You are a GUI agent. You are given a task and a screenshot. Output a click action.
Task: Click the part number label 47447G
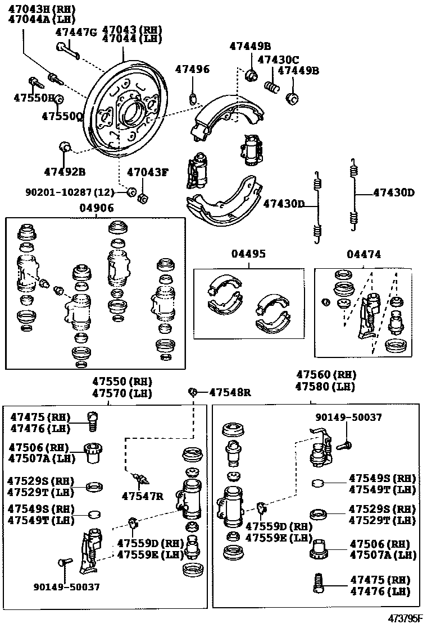(x=76, y=32)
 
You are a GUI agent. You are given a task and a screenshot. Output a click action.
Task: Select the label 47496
(x=192, y=69)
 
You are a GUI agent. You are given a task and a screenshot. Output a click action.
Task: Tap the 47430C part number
(x=278, y=59)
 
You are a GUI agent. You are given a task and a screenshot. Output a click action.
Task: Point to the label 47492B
(x=65, y=171)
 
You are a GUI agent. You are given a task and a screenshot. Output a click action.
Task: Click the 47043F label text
(x=147, y=172)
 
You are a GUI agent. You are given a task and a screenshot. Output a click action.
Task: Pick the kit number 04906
(x=96, y=208)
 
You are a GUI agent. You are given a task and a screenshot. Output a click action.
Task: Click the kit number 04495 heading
(x=248, y=254)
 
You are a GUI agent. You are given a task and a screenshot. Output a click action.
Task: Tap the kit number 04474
(x=364, y=254)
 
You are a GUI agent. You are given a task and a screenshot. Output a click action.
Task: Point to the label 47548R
(x=230, y=392)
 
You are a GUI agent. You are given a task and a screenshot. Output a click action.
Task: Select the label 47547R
(x=142, y=495)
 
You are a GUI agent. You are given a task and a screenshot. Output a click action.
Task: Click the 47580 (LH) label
(x=326, y=387)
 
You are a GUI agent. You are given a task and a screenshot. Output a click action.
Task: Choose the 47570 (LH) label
(x=122, y=393)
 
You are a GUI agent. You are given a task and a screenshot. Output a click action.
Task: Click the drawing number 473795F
(x=405, y=618)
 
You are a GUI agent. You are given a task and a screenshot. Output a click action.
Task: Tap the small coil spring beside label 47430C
(x=272, y=87)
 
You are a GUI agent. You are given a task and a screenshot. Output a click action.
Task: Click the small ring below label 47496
(x=194, y=99)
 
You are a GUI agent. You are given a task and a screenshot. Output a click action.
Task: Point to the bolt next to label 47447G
(x=67, y=50)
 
